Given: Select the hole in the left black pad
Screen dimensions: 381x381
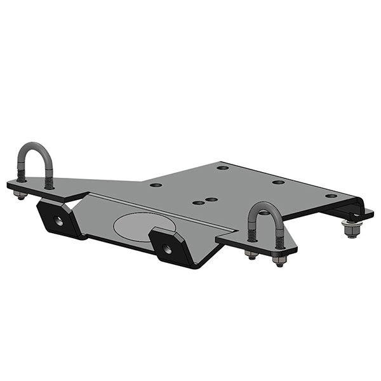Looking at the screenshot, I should [58, 221].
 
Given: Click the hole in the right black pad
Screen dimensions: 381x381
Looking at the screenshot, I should [168, 248].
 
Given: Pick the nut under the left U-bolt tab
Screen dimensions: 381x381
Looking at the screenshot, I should [21, 196].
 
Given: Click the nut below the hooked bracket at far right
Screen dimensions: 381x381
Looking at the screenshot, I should [351, 229].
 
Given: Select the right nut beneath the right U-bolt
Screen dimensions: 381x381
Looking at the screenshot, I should [278, 260].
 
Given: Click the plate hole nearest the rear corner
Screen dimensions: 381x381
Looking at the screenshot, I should [222, 168].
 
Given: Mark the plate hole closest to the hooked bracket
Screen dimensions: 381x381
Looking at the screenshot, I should [331, 196].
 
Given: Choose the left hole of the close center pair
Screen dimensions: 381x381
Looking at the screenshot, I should [199, 203].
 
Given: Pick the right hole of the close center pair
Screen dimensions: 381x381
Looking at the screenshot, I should [212, 199].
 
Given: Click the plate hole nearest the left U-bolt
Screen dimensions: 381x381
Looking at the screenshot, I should [156, 185].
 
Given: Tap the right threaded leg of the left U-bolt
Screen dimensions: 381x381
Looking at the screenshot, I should [49, 181].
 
